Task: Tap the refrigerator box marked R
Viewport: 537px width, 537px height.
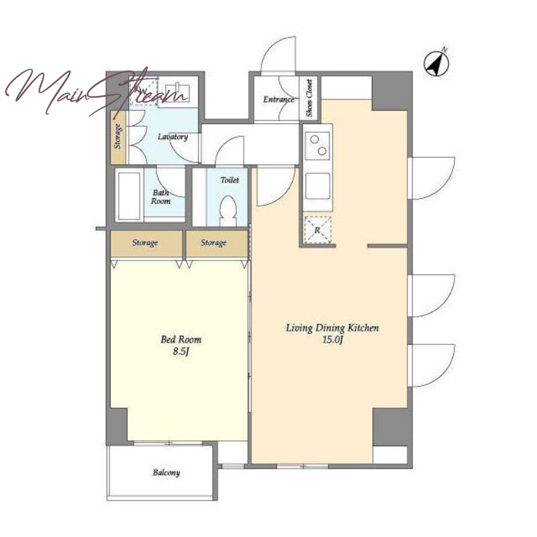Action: [318, 230]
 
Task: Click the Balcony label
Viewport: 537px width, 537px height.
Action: [166, 473]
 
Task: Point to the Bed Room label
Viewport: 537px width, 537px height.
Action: [181, 340]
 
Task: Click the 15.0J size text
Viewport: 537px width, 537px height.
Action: [332, 340]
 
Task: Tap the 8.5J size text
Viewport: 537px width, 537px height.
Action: [181, 352]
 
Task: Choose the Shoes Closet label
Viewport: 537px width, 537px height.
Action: [309, 98]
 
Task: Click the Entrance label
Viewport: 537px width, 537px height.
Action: [279, 99]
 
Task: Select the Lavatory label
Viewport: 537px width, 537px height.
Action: [173, 137]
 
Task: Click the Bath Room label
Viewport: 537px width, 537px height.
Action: [160, 197]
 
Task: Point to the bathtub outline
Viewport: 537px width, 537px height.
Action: [129, 195]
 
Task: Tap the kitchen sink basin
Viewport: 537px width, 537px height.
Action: [318, 185]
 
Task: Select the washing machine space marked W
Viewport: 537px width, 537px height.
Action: [143, 91]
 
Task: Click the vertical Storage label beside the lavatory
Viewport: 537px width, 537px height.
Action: [118, 136]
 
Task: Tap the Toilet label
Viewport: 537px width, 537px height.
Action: [230, 180]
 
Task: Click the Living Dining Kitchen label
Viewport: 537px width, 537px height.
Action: [332, 328]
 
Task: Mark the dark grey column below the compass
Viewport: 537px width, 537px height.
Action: [392, 91]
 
